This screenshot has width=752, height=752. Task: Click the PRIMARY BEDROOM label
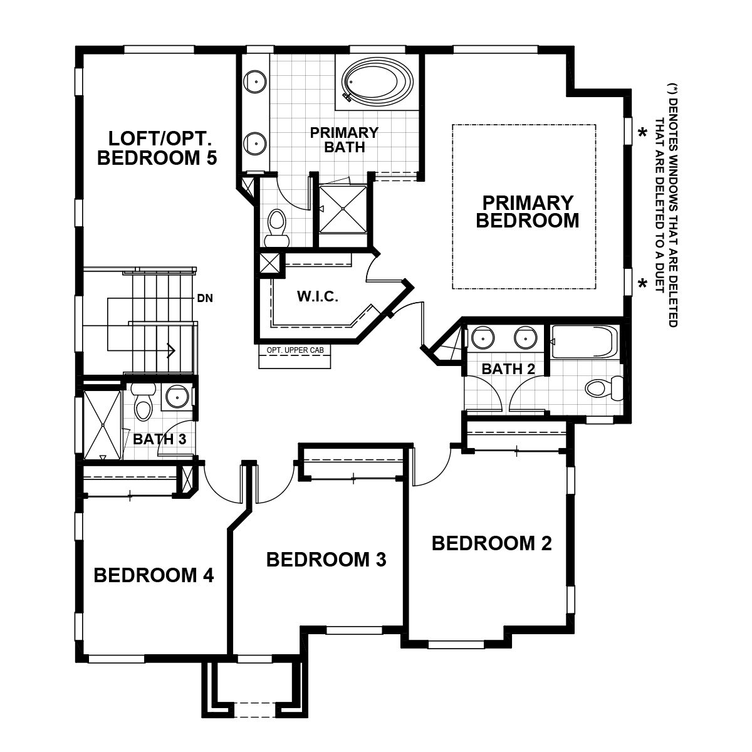coord(527,212)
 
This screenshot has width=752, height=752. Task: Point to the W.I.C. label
coord(318,297)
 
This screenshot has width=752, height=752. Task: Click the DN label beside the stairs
coord(205,299)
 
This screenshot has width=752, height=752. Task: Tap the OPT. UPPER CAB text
coord(295,350)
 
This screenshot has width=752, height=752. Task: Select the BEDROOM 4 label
coord(154,575)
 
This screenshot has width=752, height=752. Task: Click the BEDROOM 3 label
coord(326,559)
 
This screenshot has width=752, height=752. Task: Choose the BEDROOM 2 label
coord(491,543)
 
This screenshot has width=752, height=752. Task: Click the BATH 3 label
coord(159,439)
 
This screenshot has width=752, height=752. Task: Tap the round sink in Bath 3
coord(177,396)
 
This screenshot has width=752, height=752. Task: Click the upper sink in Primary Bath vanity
coord(256,81)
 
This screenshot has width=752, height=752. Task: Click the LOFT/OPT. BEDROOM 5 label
coord(157,148)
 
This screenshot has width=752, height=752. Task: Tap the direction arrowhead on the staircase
coord(170,351)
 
